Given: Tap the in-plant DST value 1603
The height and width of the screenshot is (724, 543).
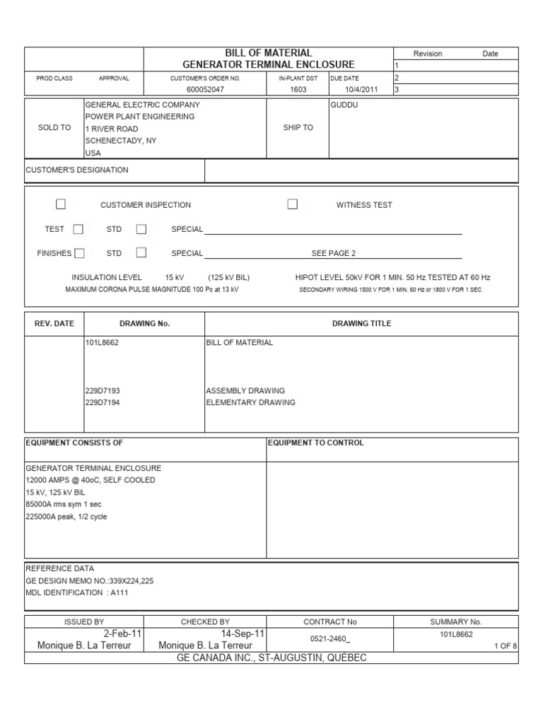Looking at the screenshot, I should pos(298,90).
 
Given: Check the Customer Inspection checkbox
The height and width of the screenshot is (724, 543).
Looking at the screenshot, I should pos(61,204).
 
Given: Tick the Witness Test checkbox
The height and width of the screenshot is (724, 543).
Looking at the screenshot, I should pos(292,204).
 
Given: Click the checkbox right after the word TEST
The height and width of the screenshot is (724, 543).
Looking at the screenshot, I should pos(78,229).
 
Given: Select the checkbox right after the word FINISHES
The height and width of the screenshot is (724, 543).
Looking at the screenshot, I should pos(80,253).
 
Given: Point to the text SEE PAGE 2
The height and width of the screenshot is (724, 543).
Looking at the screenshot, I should pos(334,253).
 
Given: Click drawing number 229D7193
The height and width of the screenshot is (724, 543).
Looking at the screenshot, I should pos(103,390).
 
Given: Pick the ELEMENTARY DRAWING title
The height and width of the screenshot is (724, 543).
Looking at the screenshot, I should pos(250,402).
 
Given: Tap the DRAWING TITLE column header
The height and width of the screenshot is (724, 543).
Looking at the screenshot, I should pos(361,323).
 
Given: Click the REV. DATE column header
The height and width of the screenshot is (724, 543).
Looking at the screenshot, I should pos(54,323).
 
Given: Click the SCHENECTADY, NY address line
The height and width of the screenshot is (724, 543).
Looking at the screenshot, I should pos(121,141).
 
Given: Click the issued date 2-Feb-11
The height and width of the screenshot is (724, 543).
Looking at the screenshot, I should pos(123,634).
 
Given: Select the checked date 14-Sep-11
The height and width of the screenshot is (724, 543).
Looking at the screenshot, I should pos(243,634).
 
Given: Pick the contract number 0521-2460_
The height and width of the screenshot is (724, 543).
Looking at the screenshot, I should pos(329,639).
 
